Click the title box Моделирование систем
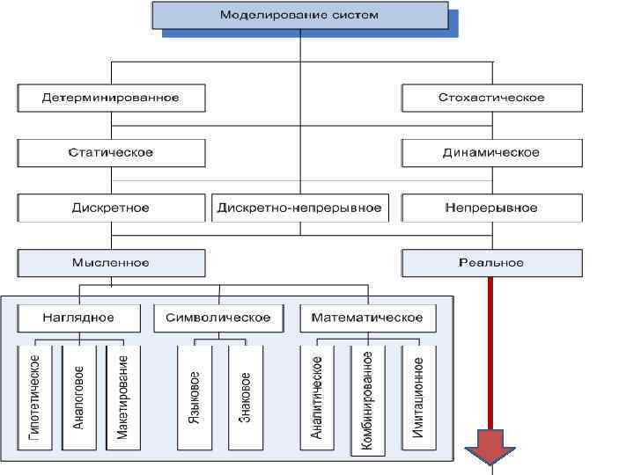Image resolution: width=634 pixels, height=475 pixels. point(299,16)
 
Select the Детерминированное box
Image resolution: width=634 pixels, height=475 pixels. point(111,98)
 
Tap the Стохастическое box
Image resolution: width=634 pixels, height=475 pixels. point(491,98)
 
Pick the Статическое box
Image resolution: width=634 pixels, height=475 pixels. point(111,152)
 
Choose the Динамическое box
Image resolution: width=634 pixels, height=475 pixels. point(491,152)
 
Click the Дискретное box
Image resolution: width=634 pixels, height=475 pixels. point(111,208)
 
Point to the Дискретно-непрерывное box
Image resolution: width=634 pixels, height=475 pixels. point(299,208)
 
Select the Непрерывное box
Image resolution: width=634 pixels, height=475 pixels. point(491,208)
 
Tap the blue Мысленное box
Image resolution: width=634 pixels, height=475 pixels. point(111,262)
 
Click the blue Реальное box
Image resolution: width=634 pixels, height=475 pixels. point(491,262)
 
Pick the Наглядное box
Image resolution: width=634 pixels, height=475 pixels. point(78,318)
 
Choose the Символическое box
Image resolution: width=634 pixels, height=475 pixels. point(218,318)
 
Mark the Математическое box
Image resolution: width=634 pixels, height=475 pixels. point(365,318)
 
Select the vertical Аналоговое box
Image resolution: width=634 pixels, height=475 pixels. point(78,398)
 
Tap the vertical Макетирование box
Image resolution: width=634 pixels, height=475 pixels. point(122,398)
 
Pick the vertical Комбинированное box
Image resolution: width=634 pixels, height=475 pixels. point(368,400)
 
